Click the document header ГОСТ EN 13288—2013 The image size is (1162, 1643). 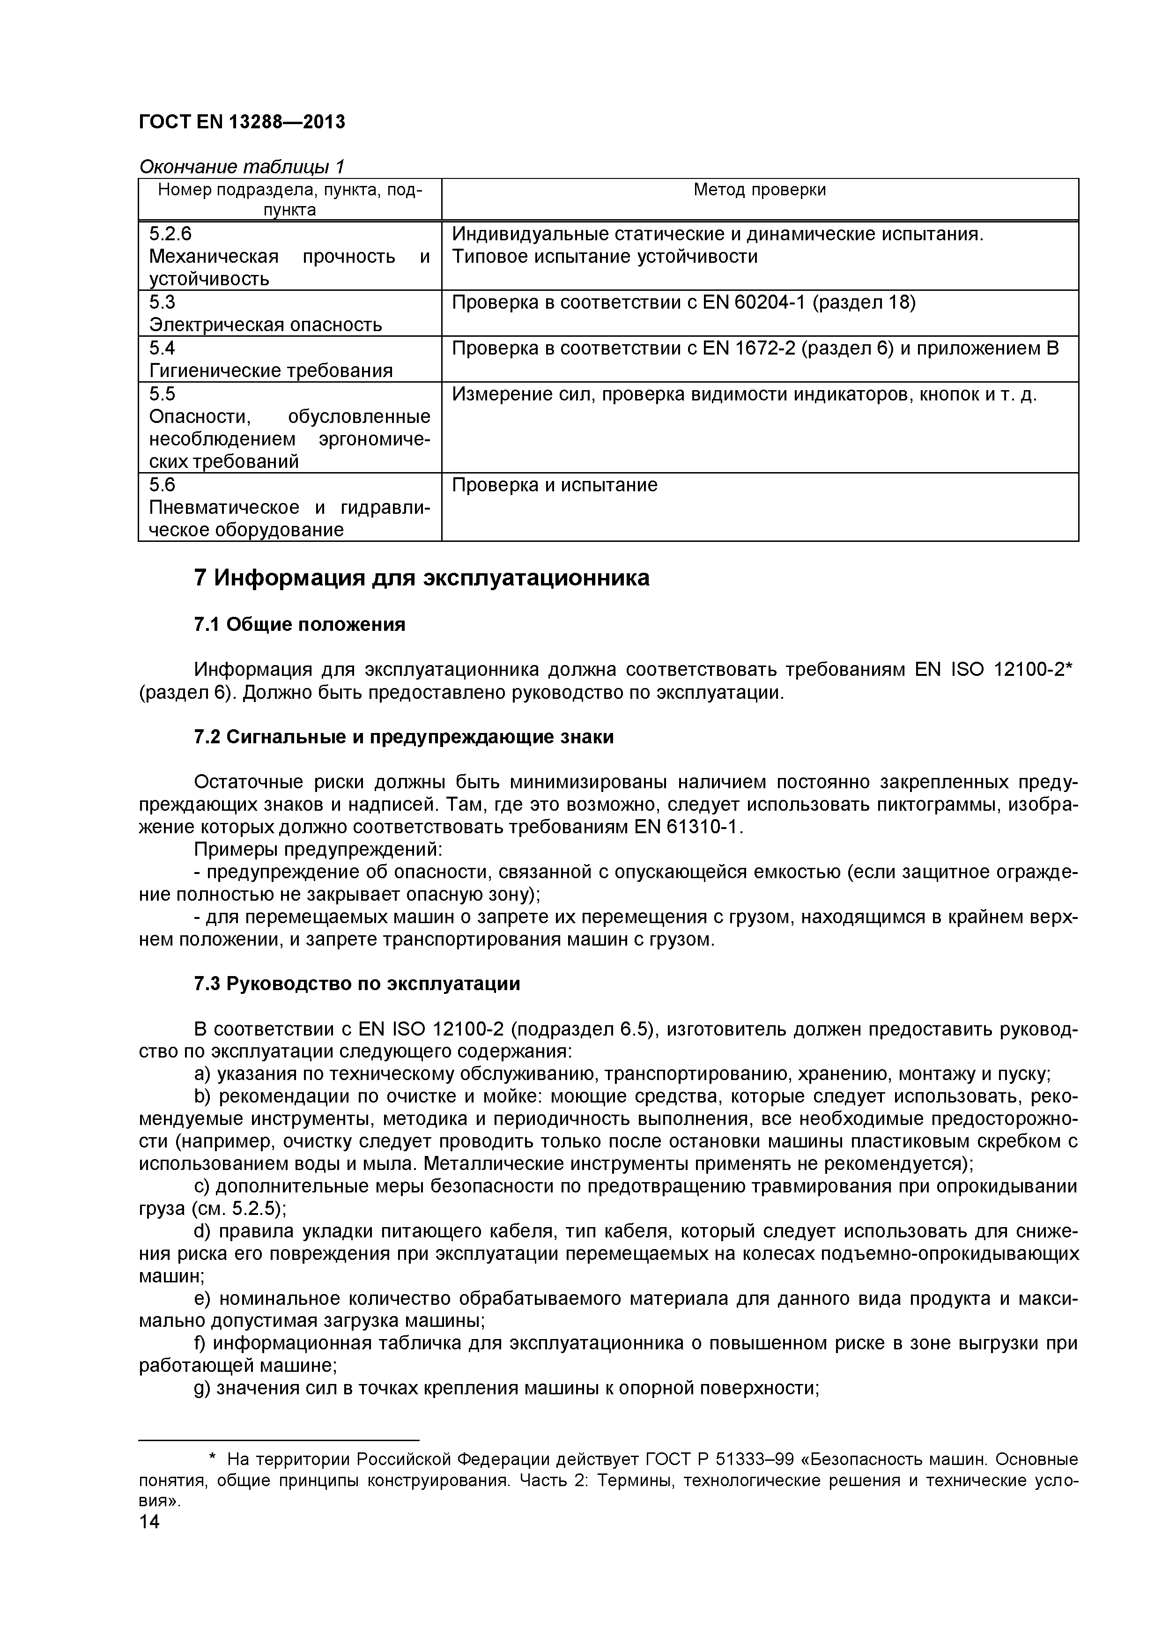pyautogui.click(x=241, y=122)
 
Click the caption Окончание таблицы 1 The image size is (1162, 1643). pyautogui.click(x=241, y=167)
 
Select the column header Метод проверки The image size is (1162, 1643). pyautogui.click(x=759, y=190)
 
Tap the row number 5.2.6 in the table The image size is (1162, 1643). pyautogui.click(x=170, y=234)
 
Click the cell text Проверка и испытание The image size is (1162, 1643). pyautogui.click(x=555, y=485)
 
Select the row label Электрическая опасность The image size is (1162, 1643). pyautogui.click(x=266, y=325)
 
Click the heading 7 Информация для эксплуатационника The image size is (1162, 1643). pyautogui.click(x=422, y=577)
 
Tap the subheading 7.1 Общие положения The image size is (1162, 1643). pyautogui.click(x=299, y=625)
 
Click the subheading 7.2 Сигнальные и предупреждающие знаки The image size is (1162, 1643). pyautogui.click(x=404, y=737)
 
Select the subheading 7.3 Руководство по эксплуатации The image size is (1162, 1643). pyautogui.click(x=357, y=984)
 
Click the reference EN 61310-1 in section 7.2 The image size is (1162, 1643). pyautogui.click(x=689, y=827)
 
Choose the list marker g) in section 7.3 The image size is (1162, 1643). pyautogui.click(x=202, y=1388)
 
